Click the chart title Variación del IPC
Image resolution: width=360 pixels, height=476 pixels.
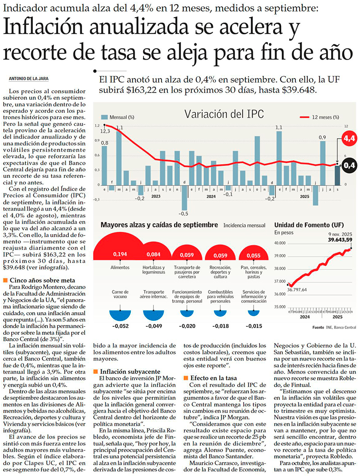pos(224,114)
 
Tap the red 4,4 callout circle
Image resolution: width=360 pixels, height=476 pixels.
pos(349,139)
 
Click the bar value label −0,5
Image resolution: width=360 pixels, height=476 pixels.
pos(184,213)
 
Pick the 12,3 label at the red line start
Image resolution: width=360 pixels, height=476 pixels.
pos(105,131)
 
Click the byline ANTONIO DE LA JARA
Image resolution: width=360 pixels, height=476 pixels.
pos(29,79)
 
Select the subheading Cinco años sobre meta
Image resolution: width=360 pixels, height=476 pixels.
pos(39,280)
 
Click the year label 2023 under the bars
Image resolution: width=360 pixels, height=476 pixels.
pos(156,196)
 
